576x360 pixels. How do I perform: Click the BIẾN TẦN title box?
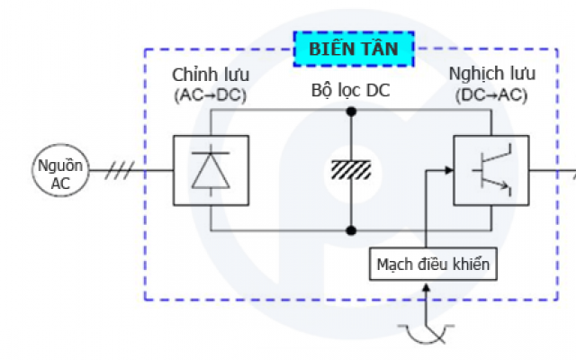click(x=353, y=49)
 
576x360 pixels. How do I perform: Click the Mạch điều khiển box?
click(x=432, y=265)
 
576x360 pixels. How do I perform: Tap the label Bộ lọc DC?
click(x=353, y=91)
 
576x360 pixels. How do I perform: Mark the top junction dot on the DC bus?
click(x=353, y=112)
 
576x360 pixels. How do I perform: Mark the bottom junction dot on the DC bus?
click(x=353, y=230)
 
